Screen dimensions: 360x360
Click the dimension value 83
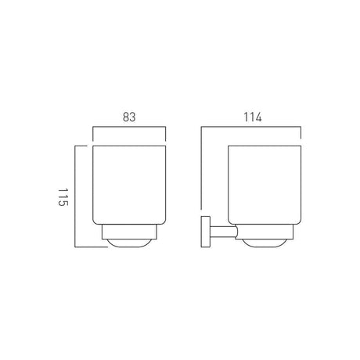[129, 117]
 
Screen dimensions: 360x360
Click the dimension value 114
[253, 117]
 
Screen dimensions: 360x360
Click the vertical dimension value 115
[63, 197]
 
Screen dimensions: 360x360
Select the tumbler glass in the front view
[129, 185]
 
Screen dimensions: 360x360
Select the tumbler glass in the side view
[265, 185]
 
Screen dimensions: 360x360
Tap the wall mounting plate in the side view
[206, 232]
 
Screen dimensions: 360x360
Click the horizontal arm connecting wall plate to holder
[224, 232]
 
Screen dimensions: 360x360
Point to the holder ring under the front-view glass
[129, 232]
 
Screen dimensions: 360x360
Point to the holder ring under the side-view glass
[265, 232]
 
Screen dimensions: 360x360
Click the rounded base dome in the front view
[129, 243]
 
